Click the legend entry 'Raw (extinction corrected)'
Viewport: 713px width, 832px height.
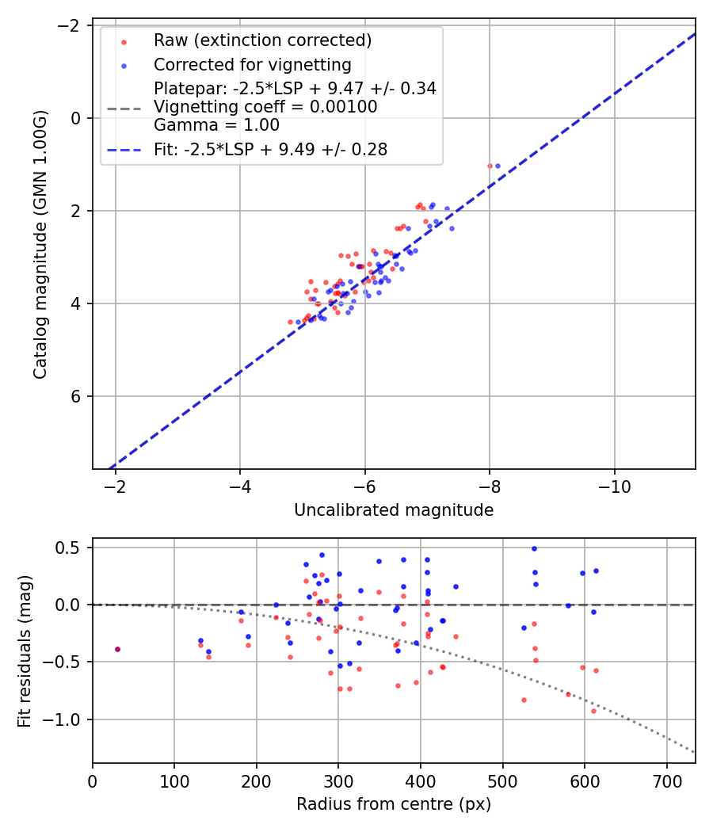pyautogui.click(x=262, y=40)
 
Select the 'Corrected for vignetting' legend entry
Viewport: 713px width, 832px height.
pyautogui.click(x=252, y=64)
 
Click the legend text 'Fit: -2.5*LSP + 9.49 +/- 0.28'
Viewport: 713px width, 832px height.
pyautogui.click(x=270, y=149)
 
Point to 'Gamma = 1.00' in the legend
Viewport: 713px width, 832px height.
pyautogui.click(x=216, y=124)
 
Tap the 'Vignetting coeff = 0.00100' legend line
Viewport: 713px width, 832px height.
pyautogui.click(x=265, y=106)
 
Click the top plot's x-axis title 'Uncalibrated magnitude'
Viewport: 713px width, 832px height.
pyautogui.click(x=394, y=510)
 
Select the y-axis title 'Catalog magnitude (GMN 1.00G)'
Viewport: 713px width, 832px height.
pyautogui.click(x=40, y=244)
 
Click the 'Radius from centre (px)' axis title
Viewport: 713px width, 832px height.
pyautogui.click(x=394, y=804)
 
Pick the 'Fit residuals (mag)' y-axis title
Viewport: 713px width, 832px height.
pyautogui.click(x=25, y=651)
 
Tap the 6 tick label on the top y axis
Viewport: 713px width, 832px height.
pyautogui.click(x=76, y=396)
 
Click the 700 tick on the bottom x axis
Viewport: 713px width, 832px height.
pyautogui.click(x=666, y=780)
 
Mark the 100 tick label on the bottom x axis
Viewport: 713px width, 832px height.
pyautogui.click(x=174, y=780)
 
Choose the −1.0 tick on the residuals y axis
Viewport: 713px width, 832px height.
pyautogui.click(x=67, y=719)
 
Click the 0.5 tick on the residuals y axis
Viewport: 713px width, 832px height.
pyautogui.click(x=71, y=548)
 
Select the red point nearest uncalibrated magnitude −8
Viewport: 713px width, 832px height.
pyautogui.click(x=490, y=166)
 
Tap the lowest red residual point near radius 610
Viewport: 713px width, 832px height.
pyautogui.click(x=593, y=711)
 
